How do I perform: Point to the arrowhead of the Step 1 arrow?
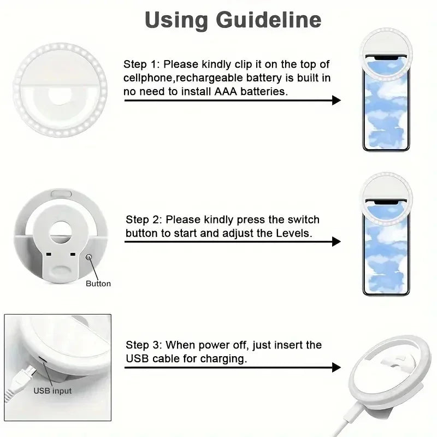tap(336, 100)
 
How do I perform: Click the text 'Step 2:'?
tap(144, 220)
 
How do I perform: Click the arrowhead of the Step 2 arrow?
tap(336, 241)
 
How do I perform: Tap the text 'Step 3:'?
tap(144, 345)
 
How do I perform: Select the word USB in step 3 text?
tap(137, 359)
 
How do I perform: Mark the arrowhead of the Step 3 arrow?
tap(336, 367)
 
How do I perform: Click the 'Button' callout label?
tap(98, 284)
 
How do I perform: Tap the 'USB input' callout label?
tap(52, 391)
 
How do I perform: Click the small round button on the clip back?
tap(88, 256)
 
